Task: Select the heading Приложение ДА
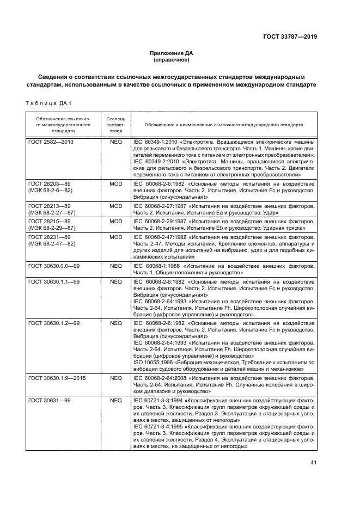172,53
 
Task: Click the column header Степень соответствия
115,125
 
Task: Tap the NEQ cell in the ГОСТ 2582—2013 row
115,142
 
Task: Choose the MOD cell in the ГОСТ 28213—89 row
115,207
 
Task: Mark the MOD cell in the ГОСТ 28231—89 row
115,236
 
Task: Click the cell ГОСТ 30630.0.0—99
54,267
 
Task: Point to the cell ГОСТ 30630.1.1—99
54,282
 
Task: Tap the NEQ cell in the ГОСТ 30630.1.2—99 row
115,323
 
